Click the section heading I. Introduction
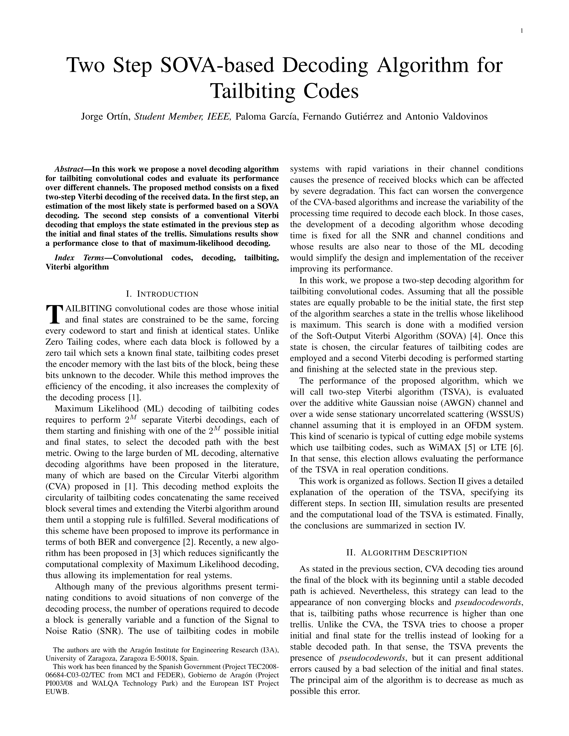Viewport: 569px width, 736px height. pyautogui.click(x=162, y=294)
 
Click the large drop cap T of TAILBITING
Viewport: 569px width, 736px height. pyautogui.click(x=54, y=313)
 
